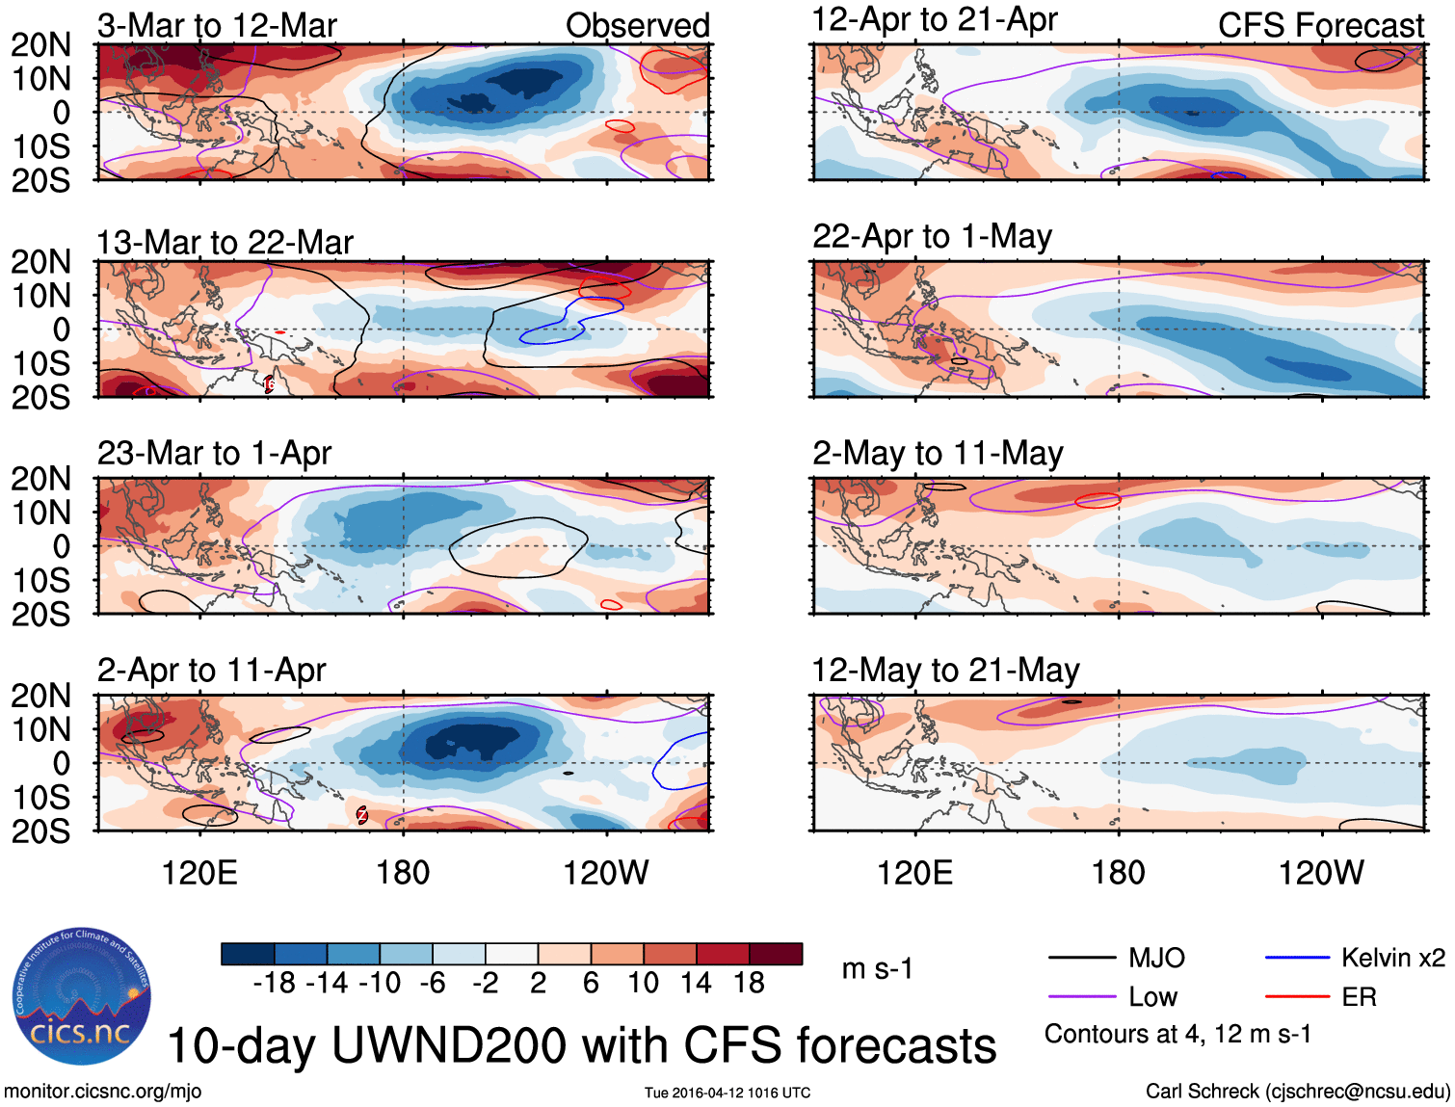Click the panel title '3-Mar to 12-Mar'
point(217,26)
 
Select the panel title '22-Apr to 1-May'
point(932,237)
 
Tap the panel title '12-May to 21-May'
point(945,671)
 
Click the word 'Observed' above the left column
point(637,26)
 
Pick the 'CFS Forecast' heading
point(1320,26)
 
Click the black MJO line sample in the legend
point(1081,958)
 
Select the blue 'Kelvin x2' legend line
point(1297,958)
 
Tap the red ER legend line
point(1297,996)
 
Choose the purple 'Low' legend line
point(1081,996)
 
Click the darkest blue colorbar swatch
point(248,954)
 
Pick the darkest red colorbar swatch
point(776,954)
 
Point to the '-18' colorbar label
point(274,983)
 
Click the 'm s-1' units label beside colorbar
point(877,969)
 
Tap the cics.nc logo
point(82,996)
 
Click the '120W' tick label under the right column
point(1320,873)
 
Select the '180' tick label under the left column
point(403,873)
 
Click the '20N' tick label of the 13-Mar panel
point(40,262)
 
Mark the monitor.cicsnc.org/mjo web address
point(102,1092)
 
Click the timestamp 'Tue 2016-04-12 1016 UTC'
point(727,1093)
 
